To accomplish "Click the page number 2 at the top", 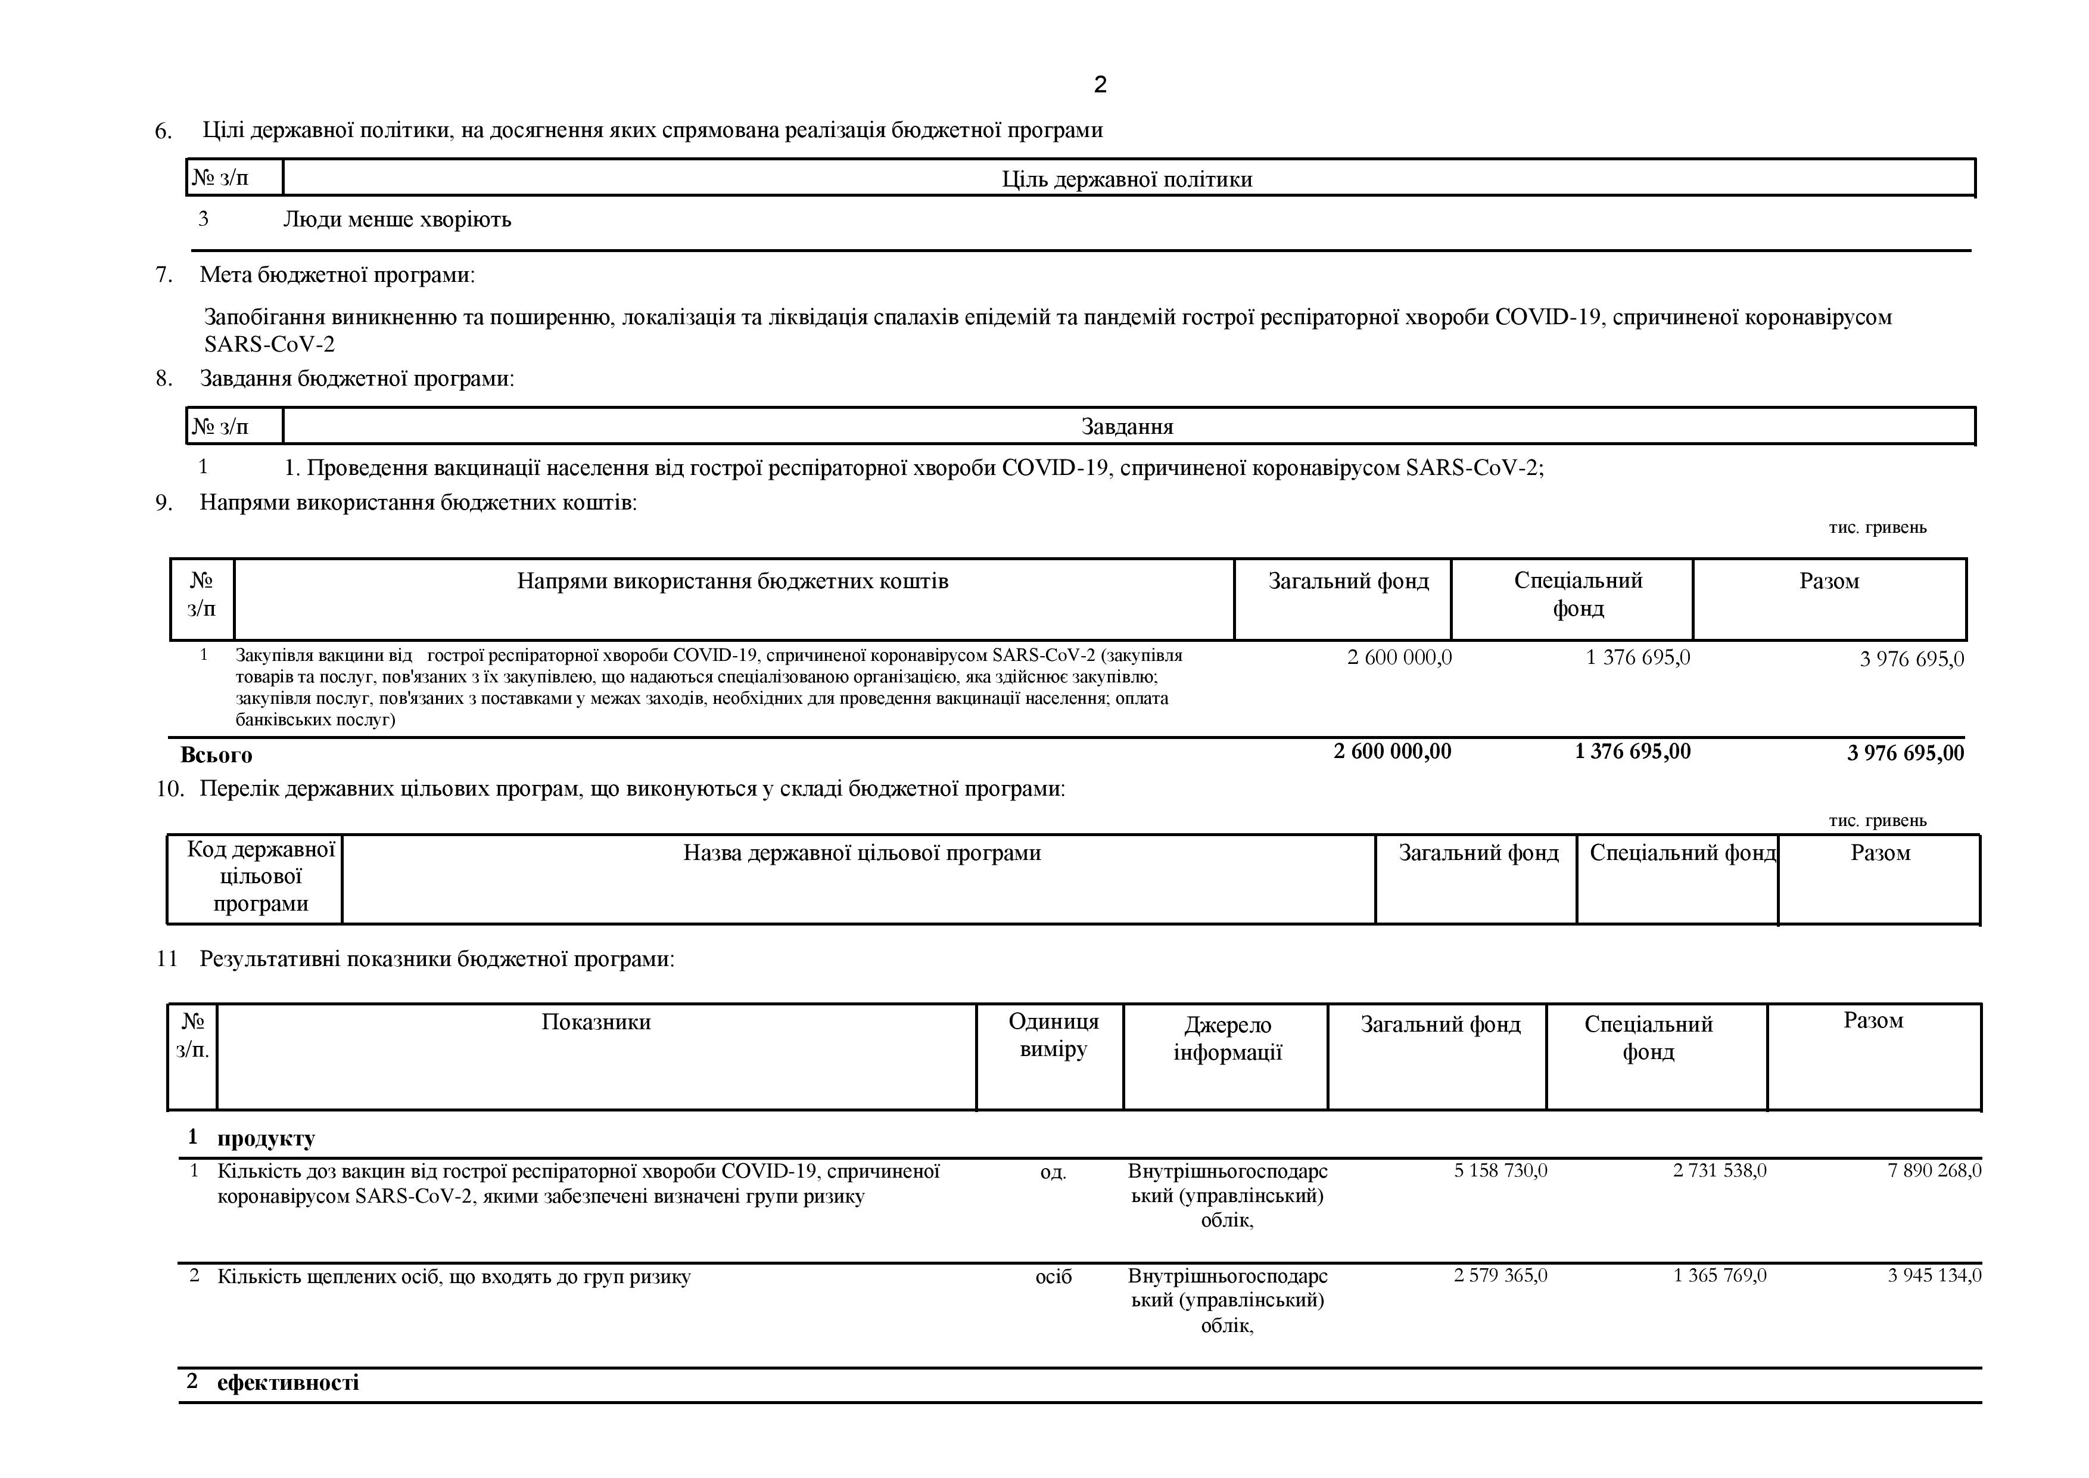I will pos(1100,85).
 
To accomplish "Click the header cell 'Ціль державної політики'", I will pos(1126,179).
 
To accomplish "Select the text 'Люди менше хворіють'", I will pos(397,219).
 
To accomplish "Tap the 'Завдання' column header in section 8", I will pos(1126,427).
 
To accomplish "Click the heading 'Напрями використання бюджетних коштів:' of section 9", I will pos(418,502).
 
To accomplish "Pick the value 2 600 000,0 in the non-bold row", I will pos(1399,657).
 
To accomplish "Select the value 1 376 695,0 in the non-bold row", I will pos(1637,657).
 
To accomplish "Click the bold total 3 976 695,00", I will pos(1904,753).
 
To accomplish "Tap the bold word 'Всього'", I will pos(217,754).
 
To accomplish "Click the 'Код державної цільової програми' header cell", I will pos(260,877).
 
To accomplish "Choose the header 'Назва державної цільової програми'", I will pos(861,853).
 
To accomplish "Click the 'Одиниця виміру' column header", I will pos(1053,1035).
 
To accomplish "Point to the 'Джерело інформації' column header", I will pos(1228,1038).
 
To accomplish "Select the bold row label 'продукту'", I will pos(266,1138).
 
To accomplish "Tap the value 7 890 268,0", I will pos(1934,1170).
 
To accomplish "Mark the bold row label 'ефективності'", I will pos(288,1383).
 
